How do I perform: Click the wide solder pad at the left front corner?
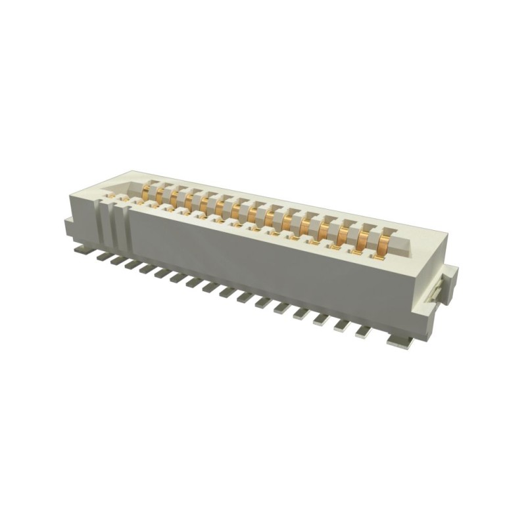84,251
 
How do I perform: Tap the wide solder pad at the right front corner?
400,341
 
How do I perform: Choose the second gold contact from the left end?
161,195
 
